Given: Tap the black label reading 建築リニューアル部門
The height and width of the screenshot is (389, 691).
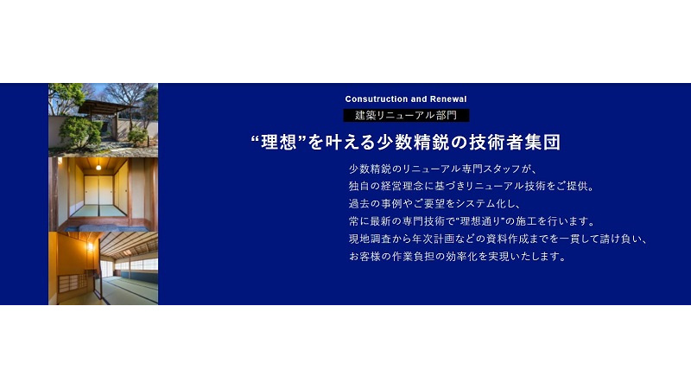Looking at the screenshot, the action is point(406,116).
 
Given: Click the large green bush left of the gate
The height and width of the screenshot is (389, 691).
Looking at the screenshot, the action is point(79,131).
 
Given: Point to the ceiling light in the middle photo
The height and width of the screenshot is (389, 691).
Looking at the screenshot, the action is point(98,167).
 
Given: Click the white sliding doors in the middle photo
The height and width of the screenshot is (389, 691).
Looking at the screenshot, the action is point(99,190).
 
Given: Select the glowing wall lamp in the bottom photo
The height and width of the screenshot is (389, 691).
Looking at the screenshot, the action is point(91,246).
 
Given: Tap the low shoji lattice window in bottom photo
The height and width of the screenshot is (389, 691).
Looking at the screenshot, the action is point(73,284).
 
